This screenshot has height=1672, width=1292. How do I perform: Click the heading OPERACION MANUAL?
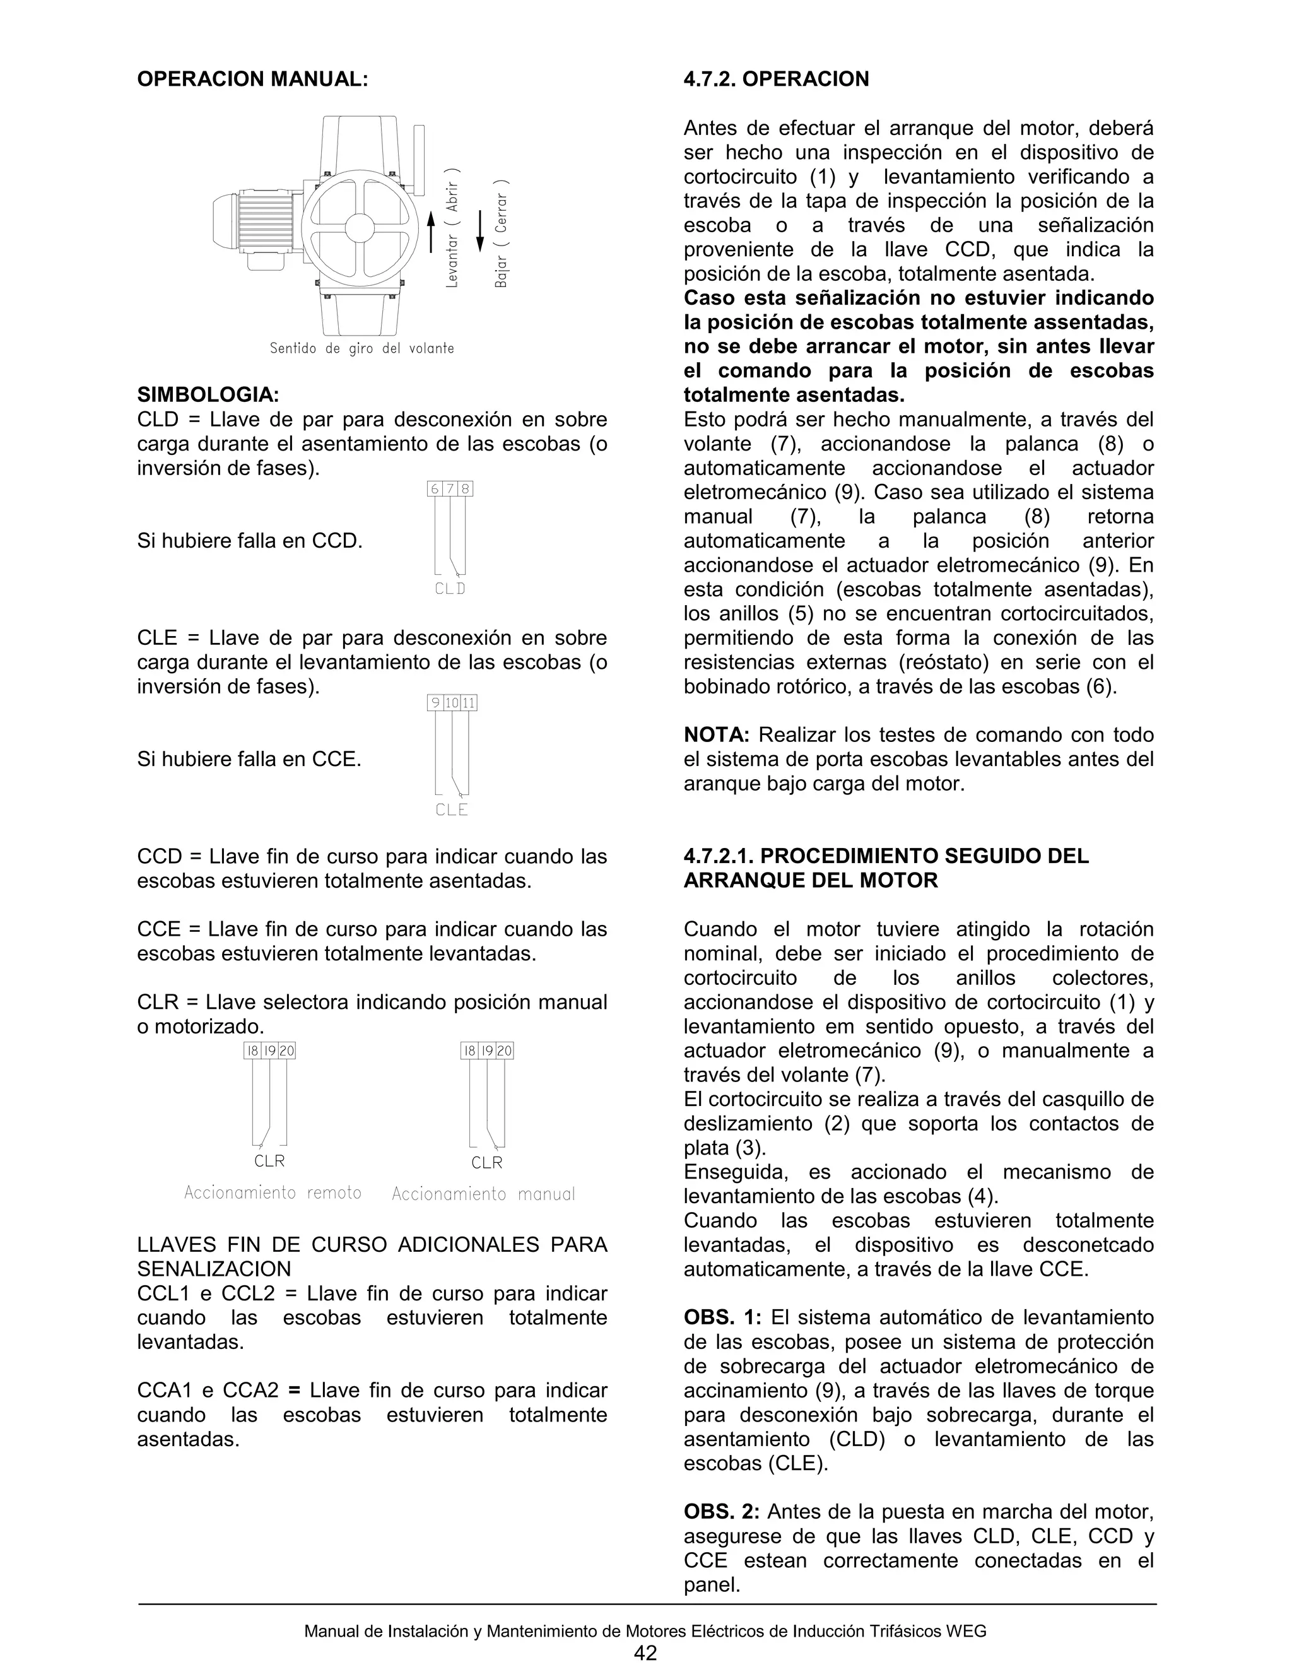[x=252, y=79]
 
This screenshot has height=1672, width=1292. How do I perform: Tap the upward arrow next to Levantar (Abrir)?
[x=431, y=230]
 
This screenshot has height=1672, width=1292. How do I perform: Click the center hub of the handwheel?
[x=360, y=227]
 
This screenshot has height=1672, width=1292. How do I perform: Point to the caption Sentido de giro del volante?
[x=361, y=349]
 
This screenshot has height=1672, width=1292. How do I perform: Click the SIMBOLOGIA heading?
[x=208, y=395]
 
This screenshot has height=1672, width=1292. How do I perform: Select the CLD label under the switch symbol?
[x=450, y=589]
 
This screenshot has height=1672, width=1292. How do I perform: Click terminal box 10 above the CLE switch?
[x=452, y=703]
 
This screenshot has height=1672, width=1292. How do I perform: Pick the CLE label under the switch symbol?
[x=451, y=810]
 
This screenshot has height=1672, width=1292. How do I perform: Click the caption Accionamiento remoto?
[x=273, y=1192]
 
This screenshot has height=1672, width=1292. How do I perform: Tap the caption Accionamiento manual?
[x=483, y=1194]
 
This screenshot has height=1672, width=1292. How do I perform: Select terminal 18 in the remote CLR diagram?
[x=252, y=1051]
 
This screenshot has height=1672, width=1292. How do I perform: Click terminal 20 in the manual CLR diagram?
[x=505, y=1051]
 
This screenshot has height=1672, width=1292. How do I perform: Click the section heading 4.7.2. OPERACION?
[x=776, y=79]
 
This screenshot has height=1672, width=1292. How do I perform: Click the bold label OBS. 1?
[x=722, y=1317]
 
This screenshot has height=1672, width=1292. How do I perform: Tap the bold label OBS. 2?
[x=722, y=1512]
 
